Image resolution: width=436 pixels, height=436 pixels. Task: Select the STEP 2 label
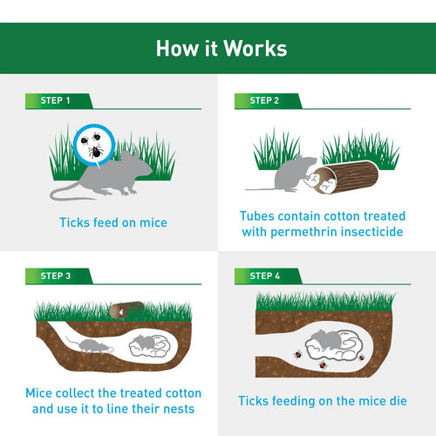(x=265, y=101)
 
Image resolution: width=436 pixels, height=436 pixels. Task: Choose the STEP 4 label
(x=265, y=276)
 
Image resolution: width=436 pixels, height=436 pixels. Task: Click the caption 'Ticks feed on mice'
(x=113, y=223)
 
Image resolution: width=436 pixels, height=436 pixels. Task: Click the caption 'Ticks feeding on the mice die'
(x=322, y=400)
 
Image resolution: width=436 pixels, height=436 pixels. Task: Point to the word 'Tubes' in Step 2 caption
(x=259, y=215)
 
